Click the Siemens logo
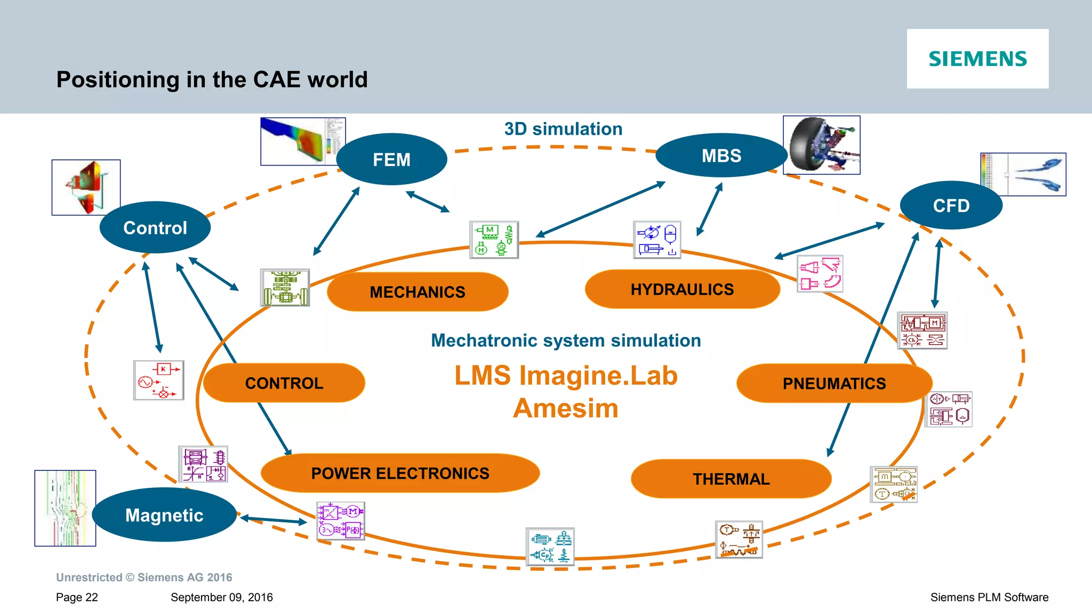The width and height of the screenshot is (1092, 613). point(977,59)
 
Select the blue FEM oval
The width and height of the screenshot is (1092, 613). point(391,159)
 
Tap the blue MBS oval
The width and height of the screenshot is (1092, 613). point(721,156)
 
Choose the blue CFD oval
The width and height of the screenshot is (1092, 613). point(951,206)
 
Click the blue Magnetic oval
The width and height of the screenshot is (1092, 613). point(164,515)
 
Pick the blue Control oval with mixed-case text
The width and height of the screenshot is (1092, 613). point(155,227)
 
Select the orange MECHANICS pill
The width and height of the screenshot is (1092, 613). point(417,292)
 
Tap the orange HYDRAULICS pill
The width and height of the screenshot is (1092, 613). point(682,289)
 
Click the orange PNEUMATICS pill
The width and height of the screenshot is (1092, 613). point(834,383)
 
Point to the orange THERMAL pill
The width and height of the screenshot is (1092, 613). point(731,479)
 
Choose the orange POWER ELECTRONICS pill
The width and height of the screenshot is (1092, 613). point(400,473)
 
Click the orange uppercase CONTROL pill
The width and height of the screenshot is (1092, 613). point(284,383)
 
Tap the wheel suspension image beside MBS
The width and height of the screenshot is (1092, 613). point(821,145)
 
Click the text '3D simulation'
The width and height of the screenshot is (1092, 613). point(563,129)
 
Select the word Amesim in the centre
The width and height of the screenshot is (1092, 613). point(565,408)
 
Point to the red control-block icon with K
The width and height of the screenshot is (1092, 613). point(158,380)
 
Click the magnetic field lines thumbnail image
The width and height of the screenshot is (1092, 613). point(65,508)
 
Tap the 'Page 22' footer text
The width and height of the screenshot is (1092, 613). point(77,597)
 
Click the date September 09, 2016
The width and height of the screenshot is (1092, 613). point(221,597)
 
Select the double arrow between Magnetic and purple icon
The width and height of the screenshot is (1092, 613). point(274,519)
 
